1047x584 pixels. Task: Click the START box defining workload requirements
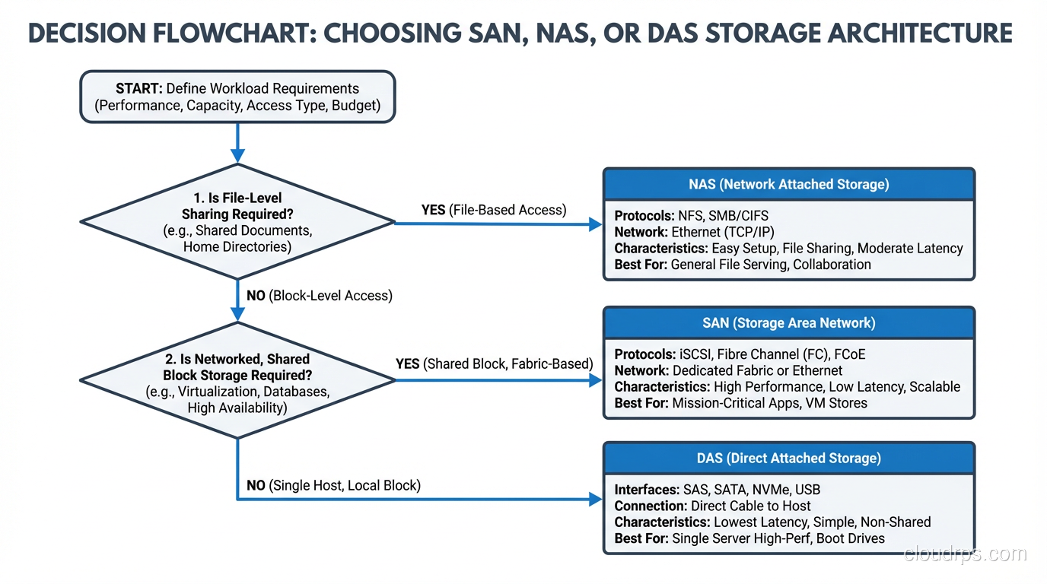[x=237, y=97]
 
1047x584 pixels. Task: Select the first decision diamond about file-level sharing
[x=237, y=221]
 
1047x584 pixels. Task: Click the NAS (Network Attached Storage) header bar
[x=788, y=184]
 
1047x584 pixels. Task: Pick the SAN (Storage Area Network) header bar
[x=788, y=322]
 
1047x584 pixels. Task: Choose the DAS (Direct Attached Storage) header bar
[x=788, y=458]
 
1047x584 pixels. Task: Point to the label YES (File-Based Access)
[x=493, y=210]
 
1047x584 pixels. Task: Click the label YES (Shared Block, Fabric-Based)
[x=494, y=363]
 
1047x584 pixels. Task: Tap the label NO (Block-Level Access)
[x=319, y=295]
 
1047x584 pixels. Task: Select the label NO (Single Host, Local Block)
[x=333, y=485]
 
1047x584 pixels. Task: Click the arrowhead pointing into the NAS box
[x=596, y=224]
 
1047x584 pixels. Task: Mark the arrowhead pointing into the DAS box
[x=596, y=500]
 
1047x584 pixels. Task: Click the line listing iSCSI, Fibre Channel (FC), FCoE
[x=740, y=354]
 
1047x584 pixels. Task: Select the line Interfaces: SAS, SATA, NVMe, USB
[x=717, y=490]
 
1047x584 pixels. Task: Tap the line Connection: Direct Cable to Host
[x=712, y=506]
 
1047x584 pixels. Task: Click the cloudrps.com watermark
[x=965, y=554]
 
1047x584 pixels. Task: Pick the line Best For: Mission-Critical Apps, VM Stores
[x=740, y=403]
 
